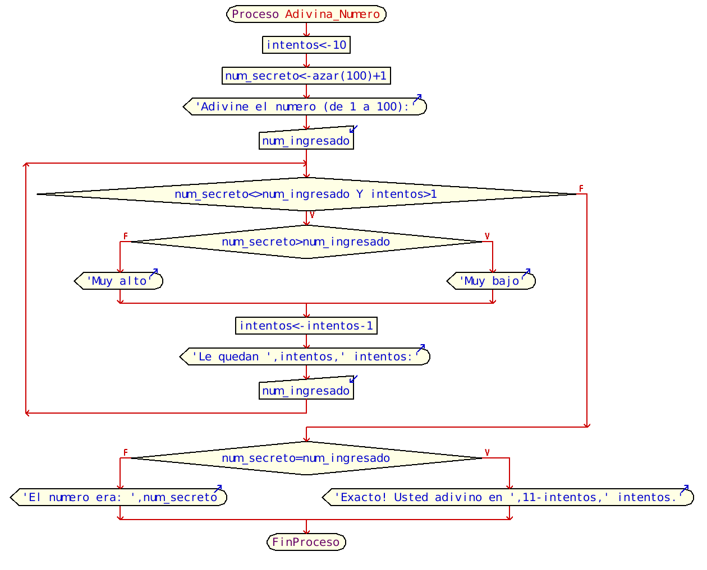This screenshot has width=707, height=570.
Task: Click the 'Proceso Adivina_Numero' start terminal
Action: point(306,14)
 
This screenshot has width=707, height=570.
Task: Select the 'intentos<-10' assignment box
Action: point(306,45)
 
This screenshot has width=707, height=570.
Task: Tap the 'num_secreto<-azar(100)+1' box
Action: point(306,76)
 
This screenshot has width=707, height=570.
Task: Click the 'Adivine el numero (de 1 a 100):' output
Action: point(305,106)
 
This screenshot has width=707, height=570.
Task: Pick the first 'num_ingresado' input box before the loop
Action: point(306,141)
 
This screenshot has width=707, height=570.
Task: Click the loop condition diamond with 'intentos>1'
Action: point(306,194)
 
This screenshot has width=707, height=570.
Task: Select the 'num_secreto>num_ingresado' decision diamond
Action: point(306,242)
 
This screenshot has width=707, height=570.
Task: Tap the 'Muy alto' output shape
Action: point(119,281)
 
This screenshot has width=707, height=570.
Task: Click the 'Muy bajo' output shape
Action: point(492,281)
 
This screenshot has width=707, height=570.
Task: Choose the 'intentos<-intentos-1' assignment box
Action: point(306,326)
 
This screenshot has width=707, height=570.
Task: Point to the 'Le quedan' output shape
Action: point(305,356)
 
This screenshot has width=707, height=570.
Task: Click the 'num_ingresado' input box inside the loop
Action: point(306,391)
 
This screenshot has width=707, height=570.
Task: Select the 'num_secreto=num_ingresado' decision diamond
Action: point(306,458)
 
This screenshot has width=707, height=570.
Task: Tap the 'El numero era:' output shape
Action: point(119,497)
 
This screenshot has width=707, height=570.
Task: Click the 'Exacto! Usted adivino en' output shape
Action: point(508,497)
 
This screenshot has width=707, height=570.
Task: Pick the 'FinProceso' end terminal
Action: point(306,542)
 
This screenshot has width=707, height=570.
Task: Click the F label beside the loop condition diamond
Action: point(581,189)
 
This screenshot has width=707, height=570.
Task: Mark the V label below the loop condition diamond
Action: point(312,215)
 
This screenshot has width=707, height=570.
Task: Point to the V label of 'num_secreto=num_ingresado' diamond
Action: point(487,452)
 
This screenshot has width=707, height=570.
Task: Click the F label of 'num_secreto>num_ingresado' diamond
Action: point(125,236)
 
